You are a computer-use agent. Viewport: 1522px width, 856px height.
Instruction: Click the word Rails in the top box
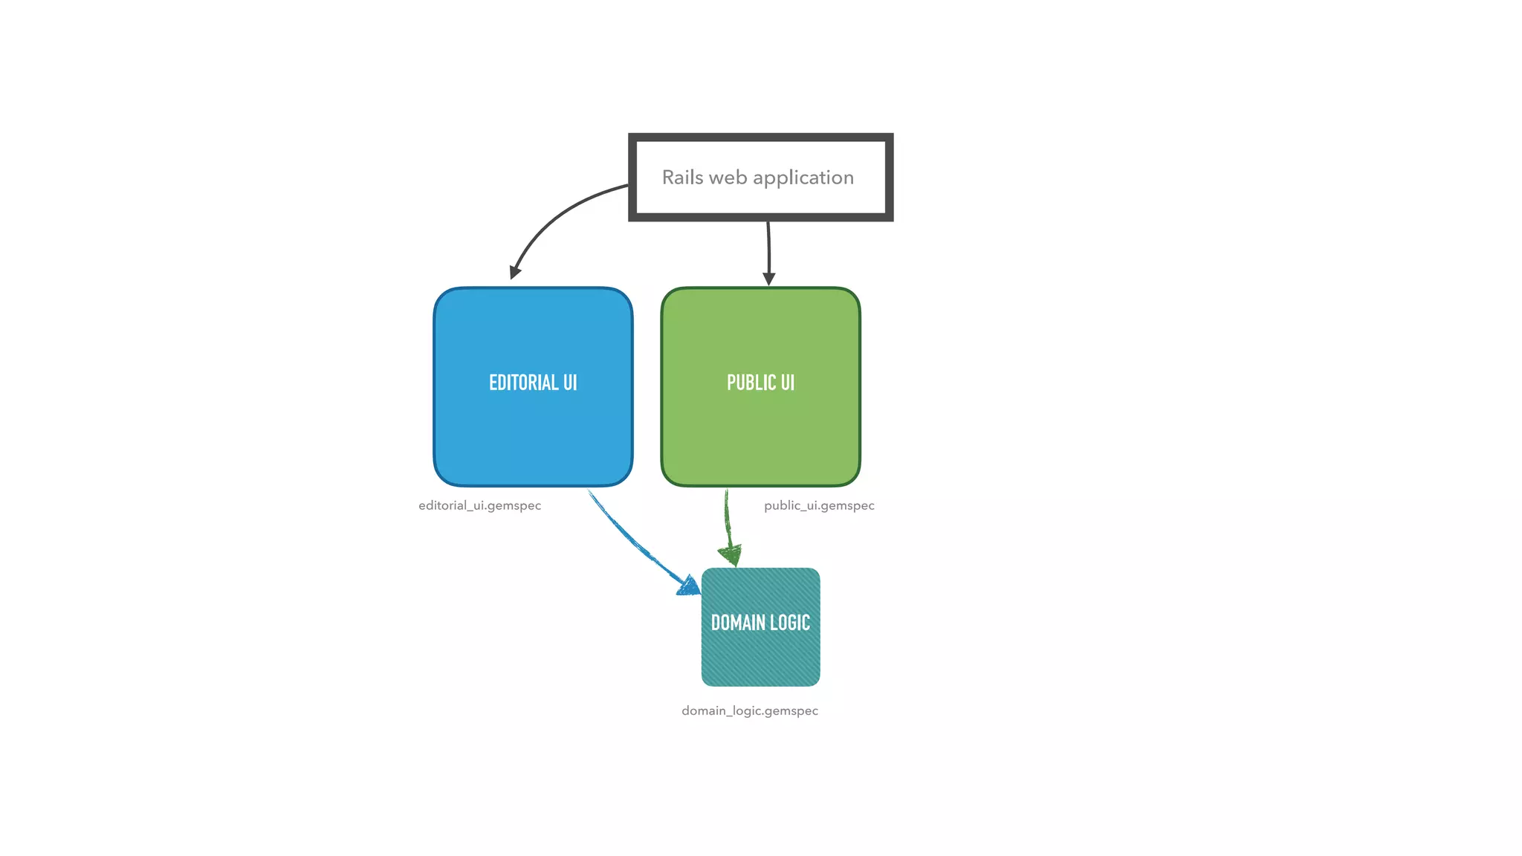[682, 178]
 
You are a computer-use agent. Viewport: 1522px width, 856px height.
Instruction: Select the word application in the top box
[803, 178]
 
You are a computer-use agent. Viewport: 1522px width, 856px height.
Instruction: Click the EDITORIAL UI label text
[533, 383]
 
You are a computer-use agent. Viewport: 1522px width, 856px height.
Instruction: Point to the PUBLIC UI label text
[760, 383]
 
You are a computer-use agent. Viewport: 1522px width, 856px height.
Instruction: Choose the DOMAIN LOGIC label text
[760, 623]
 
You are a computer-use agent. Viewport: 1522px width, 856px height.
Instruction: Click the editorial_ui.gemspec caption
[479, 505]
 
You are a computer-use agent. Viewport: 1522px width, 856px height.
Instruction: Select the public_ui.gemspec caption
[819, 505]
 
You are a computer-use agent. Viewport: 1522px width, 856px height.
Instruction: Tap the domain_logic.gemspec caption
[750, 710]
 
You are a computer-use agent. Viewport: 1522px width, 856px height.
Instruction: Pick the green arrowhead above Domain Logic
[731, 554]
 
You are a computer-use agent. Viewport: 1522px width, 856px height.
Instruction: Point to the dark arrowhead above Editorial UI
[514, 272]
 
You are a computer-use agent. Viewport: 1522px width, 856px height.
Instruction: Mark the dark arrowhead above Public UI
[769, 279]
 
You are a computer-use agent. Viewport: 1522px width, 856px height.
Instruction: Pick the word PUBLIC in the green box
[751, 383]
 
